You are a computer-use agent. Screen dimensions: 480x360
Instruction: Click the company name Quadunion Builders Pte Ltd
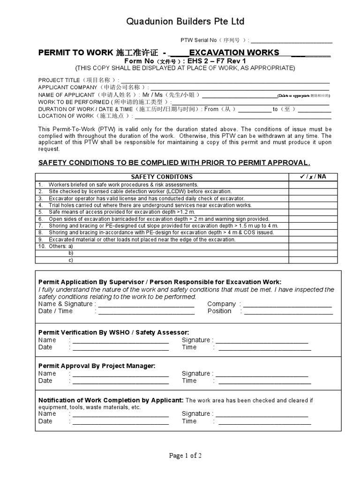tap(180, 22)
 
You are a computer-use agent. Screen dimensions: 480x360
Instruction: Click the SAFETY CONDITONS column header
tap(162, 177)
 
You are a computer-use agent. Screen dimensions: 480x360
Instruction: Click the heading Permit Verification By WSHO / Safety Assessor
tap(113, 332)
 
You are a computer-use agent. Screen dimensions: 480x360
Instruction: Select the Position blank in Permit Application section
tap(289, 311)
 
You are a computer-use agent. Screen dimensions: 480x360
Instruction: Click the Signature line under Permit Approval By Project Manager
tap(262, 374)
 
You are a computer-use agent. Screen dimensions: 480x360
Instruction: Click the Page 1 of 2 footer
tap(180, 455)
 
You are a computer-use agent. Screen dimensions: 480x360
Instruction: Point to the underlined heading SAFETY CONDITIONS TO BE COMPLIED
tap(174, 163)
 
